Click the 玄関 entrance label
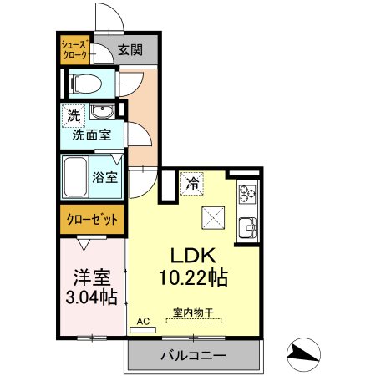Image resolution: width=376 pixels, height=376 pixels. coord(130,50)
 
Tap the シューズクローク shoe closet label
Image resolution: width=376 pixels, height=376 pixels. coord(75,50)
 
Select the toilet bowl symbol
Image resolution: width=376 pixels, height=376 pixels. coord(85,84)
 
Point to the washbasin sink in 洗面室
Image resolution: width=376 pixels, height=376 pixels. coord(102,112)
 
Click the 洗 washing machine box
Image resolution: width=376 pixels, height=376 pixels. coord(74,116)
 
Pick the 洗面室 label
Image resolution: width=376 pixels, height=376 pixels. coord(92,135)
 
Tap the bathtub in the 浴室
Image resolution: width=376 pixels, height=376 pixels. coord(75,177)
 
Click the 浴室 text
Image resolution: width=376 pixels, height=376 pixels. coord(105,177)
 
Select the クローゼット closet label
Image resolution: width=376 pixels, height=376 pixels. coord(92,220)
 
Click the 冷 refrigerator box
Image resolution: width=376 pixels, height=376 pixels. coord(192,184)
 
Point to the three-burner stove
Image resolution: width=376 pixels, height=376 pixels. coord(247,193)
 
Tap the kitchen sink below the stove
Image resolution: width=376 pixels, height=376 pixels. coord(247,228)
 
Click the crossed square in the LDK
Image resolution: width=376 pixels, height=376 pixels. coord(213,218)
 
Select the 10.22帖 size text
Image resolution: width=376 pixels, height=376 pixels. coord(194,277)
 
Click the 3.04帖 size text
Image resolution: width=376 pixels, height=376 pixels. coord(91,297)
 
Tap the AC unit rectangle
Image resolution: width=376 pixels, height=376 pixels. coord(143,330)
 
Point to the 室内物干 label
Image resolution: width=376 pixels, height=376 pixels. coord(193,312)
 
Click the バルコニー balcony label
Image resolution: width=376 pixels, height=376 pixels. coord(194,355)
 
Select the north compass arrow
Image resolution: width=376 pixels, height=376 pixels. coord(303,354)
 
